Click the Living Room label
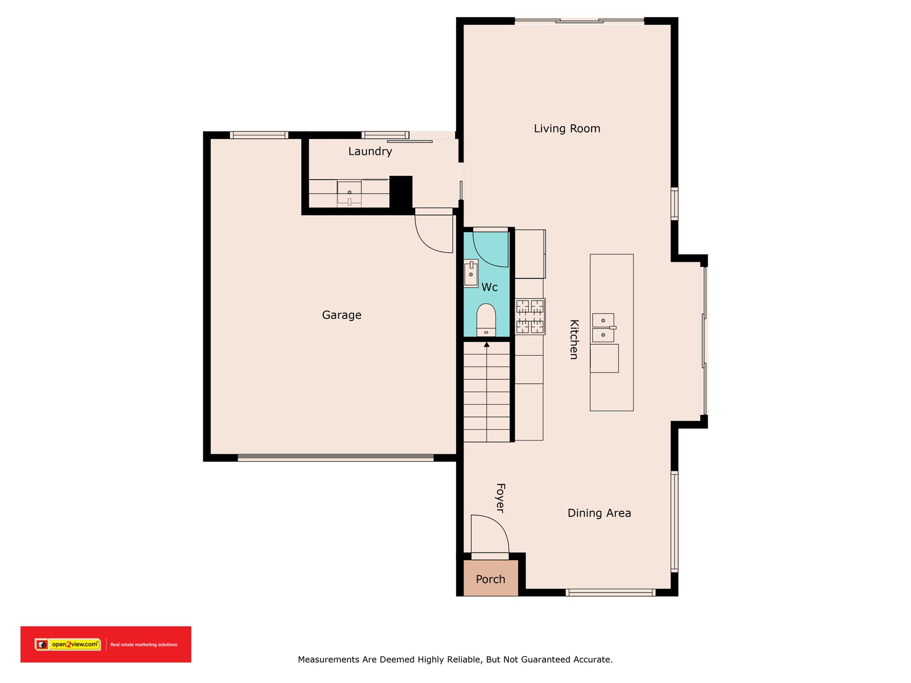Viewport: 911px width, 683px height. pyautogui.click(x=567, y=129)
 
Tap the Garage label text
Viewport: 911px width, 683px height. pyautogui.click(x=342, y=315)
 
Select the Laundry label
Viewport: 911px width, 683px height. pyautogui.click(x=370, y=151)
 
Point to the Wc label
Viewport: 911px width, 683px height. pyautogui.click(x=489, y=287)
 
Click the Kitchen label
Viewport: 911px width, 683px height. pyautogui.click(x=574, y=339)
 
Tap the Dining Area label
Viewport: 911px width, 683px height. pyautogui.click(x=599, y=513)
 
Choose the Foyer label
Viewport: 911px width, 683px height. pyautogui.click(x=500, y=497)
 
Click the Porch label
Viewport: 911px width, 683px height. pyautogui.click(x=490, y=579)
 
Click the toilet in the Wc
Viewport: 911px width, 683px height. pyautogui.click(x=486, y=320)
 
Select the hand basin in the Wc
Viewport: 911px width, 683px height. pyautogui.click(x=471, y=273)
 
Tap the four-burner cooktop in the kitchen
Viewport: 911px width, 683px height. pyautogui.click(x=530, y=316)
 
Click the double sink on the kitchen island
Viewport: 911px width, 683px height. pyautogui.click(x=604, y=328)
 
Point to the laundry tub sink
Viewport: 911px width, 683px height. pyautogui.click(x=349, y=194)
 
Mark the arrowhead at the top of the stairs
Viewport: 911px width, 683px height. pyautogui.click(x=486, y=344)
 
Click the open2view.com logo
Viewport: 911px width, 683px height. pyautogui.click(x=68, y=644)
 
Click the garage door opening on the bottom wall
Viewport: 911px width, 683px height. pyautogui.click(x=335, y=458)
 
